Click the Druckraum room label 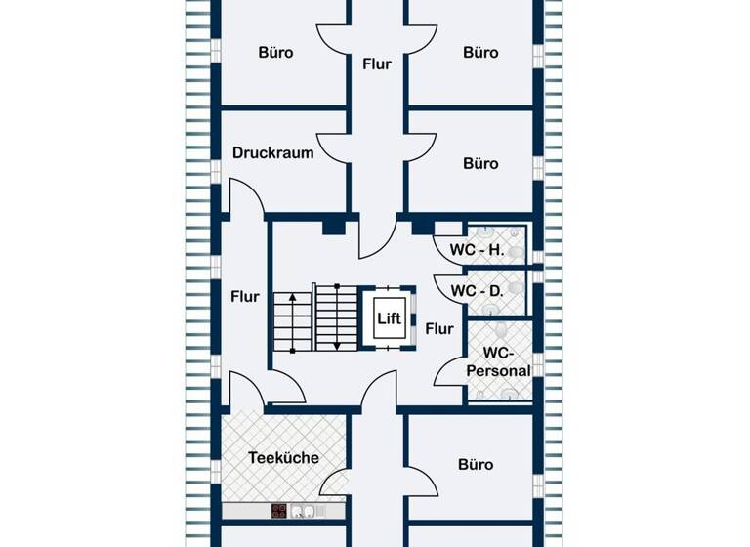pos(272,152)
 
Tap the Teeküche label pos(283,457)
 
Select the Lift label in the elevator pos(387,317)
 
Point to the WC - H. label pos(477,250)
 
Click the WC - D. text pos(477,290)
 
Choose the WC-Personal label pos(498,361)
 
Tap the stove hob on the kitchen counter pos(279,510)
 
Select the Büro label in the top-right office pos(480,53)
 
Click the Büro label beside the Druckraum pos(480,163)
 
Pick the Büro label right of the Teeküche pos(476,465)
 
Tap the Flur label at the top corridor pos(376,64)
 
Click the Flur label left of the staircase pos(244,296)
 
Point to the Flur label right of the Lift pos(439,329)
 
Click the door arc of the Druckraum pos(330,147)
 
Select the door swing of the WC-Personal pos(449,371)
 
